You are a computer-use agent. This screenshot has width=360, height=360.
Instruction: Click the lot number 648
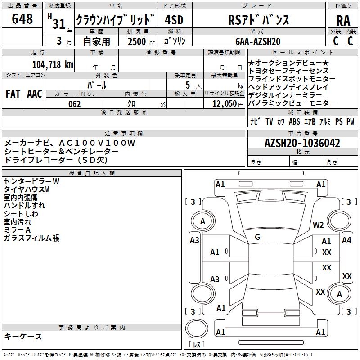(22, 19)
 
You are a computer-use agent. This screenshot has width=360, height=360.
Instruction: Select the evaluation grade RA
(343, 21)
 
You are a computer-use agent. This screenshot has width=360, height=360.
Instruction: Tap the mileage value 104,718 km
(53, 64)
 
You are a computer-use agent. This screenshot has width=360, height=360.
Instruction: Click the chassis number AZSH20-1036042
(302, 143)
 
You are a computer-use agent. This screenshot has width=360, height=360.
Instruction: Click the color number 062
(75, 104)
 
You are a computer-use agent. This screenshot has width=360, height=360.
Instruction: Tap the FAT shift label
(13, 94)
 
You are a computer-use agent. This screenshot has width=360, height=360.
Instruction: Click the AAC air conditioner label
(34, 94)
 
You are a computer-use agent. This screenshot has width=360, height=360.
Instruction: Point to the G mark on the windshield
(257, 237)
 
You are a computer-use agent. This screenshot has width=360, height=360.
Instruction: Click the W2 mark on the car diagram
(319, 225)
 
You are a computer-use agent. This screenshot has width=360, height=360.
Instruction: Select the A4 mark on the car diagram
(346, 240)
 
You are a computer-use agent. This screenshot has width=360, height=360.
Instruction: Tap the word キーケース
(23, 336)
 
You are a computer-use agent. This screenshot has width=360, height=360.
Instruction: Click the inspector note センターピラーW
(31, 181)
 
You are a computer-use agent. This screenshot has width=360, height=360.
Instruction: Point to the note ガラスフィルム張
(31, 238)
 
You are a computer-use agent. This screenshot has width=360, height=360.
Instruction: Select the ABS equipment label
(294, 121)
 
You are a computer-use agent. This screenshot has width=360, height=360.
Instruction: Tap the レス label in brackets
(197, 345)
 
